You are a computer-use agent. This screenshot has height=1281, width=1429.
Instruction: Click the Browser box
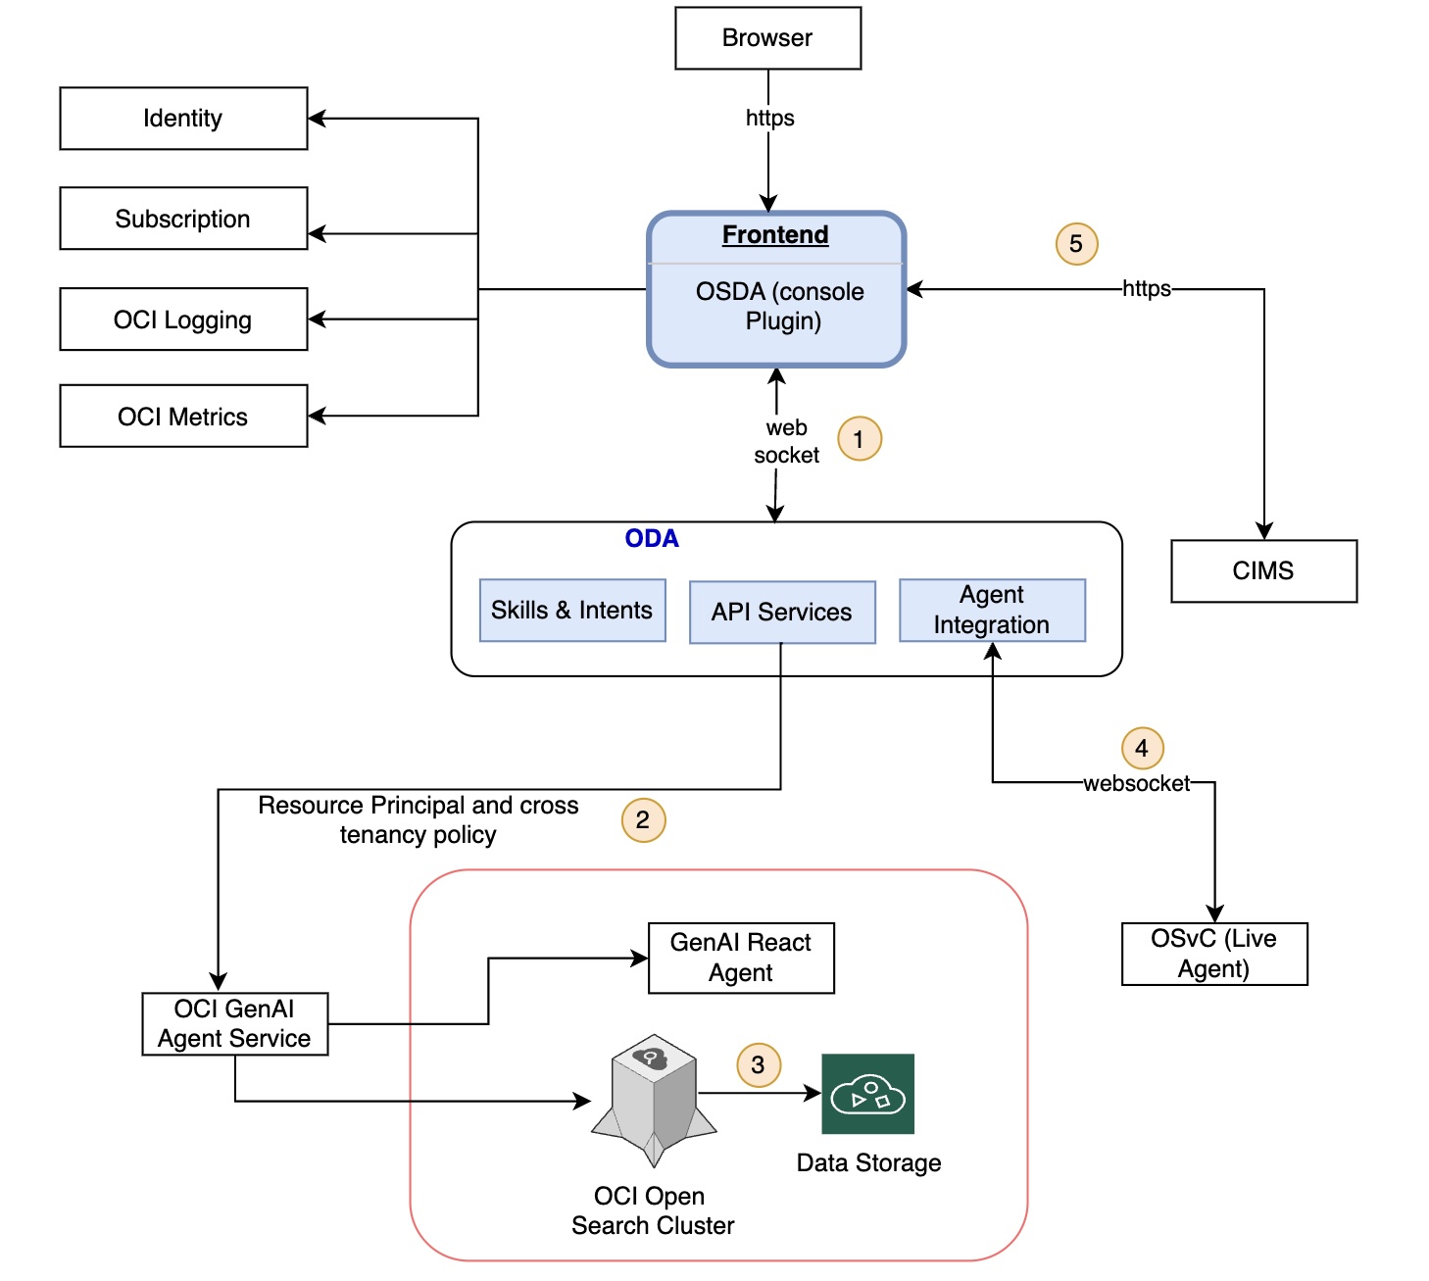[767, 38]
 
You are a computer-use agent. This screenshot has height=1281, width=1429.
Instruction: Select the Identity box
[183, 119]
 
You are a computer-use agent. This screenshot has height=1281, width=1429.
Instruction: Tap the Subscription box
[183, 219]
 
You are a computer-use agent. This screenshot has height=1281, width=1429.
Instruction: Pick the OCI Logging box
[183, 320]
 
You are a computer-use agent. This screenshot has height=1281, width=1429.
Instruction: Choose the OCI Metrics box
[183, 417]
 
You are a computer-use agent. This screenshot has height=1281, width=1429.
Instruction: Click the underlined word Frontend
[775, 235]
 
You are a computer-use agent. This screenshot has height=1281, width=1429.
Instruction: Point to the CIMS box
[1263, 571]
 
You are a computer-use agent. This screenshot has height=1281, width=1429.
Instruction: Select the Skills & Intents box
[572, 611]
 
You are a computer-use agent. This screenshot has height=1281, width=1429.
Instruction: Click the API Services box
[782, 613]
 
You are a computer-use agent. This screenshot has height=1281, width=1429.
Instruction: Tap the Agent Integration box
[992, 611]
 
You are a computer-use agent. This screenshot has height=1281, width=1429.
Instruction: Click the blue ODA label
[652, 539]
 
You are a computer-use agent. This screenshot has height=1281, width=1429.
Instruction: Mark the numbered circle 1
[860, 439]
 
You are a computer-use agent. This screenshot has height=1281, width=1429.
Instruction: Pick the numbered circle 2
[643, 820]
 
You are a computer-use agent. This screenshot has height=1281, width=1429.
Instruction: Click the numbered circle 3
[759, 1065]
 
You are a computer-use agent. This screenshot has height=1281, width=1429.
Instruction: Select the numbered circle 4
[1142, 749]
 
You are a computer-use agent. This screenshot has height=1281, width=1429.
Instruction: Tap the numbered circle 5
[1076, 244]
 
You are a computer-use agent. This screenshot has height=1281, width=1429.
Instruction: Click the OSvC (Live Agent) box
[1214, 954]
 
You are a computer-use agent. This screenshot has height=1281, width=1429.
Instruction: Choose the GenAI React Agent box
[741, 958]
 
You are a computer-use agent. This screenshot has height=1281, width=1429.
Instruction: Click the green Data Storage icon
[867, 1094]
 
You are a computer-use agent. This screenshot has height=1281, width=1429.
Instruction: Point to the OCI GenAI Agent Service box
[234, 1024]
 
